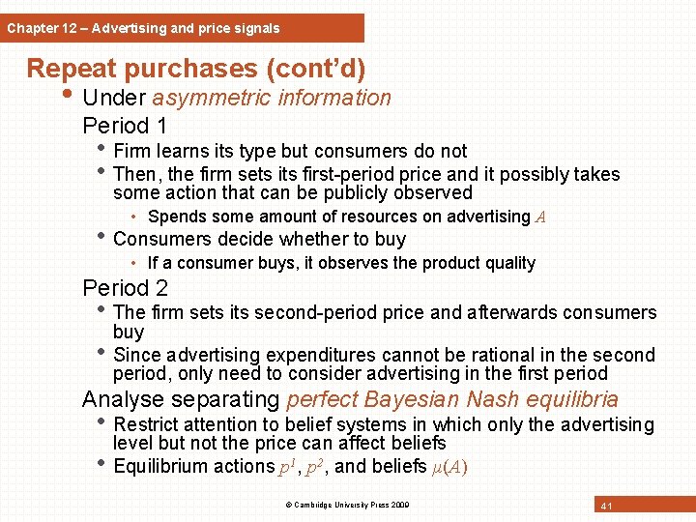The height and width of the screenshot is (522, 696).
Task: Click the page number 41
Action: point(606,506)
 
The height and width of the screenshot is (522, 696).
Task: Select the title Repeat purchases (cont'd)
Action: point(195,69)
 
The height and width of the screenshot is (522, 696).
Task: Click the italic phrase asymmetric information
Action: point(272,98)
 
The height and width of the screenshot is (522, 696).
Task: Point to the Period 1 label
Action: point(125,126)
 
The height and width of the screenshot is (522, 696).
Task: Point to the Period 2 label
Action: point(125,287)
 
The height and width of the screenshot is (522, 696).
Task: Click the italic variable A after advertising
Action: point(540,217)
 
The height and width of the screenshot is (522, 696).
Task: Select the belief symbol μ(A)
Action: point(447,467)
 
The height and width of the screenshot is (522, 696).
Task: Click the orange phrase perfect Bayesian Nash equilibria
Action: point(451,399)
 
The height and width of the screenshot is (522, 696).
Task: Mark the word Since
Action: point(136,355)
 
